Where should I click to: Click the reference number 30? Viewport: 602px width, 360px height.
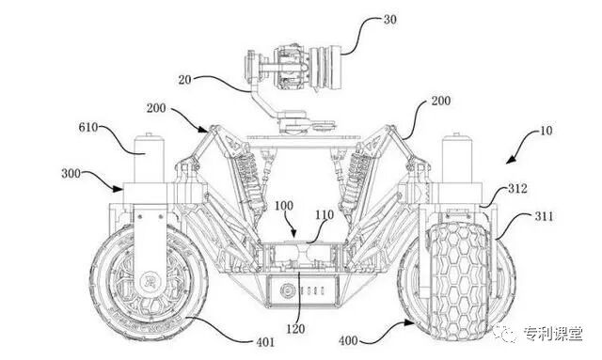tap(389, 20)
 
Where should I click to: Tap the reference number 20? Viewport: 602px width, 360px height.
tap(184, 80)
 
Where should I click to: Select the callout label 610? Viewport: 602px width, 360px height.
tap(88, 127)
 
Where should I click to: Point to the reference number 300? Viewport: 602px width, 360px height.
tap(71, 174)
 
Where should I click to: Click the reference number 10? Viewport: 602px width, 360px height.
tap(546, 131)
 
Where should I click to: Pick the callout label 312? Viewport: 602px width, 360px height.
tap(517, 188)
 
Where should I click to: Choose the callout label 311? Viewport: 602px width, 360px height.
tap(544, 216)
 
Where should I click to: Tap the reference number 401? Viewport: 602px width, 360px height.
tap(264, 341)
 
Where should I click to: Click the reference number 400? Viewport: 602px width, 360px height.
tap(348, 340)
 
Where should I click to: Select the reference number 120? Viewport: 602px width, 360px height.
tap(295, 329)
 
